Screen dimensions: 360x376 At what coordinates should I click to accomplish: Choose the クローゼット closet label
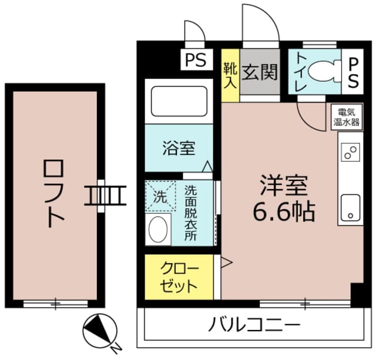pos(179,278)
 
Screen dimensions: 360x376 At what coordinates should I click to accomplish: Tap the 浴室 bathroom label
pos(179,148)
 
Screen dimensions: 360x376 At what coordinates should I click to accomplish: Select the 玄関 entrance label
pos(260,73)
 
